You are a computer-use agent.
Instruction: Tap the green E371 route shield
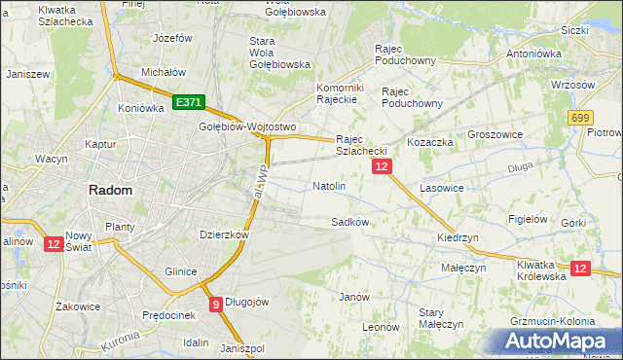click(x=188, y=101)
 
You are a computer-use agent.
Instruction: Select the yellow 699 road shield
click(x=581, y=118)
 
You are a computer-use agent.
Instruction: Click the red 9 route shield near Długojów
click(x=215, y=305)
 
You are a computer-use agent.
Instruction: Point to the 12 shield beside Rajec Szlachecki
click(x=382, y=167)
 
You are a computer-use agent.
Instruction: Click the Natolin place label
click(x=329, y=185)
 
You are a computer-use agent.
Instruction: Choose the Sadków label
click(x=349, y=221)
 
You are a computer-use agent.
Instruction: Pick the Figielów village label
click(x=529, y=219)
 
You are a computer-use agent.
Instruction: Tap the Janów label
click(x=352, y=296)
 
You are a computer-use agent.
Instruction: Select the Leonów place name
click(x=381, y=327)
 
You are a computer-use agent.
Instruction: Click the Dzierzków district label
click(x=225, y=234)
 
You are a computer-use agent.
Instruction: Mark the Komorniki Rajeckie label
click(x=340, y=92)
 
